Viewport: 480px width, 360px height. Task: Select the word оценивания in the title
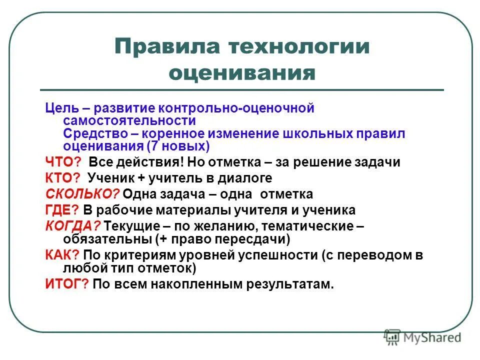[x=242, y=73]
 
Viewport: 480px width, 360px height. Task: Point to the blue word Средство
[x=98, y=134]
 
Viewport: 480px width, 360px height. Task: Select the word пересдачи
[x=249, y=238]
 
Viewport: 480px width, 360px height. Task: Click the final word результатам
[x=290, y=284]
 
